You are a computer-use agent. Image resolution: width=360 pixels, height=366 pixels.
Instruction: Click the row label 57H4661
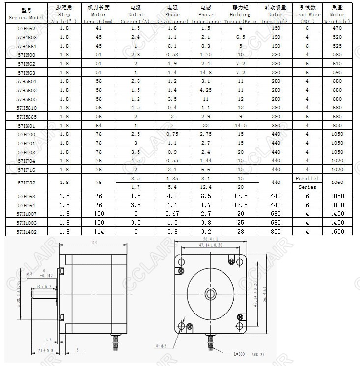(x=27, y=46)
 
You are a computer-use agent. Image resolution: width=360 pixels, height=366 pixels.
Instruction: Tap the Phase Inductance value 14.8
(x=206, y=73)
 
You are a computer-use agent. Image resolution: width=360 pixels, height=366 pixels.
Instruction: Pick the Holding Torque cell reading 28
(x=240, y=231)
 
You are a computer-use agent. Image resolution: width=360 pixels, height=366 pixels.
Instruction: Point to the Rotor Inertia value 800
(x=276, y=231)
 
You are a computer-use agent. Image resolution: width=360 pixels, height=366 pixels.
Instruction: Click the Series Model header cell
(x=27, y=14)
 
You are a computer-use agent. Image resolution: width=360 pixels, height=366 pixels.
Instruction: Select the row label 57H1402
(x=27, y=231)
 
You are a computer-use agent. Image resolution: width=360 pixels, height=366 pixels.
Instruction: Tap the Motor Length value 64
(x=99, y=126)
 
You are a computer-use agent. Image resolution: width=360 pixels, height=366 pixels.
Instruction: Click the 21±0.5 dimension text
(x=45, y=350)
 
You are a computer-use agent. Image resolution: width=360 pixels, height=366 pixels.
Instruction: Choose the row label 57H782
(x=27, y=182)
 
